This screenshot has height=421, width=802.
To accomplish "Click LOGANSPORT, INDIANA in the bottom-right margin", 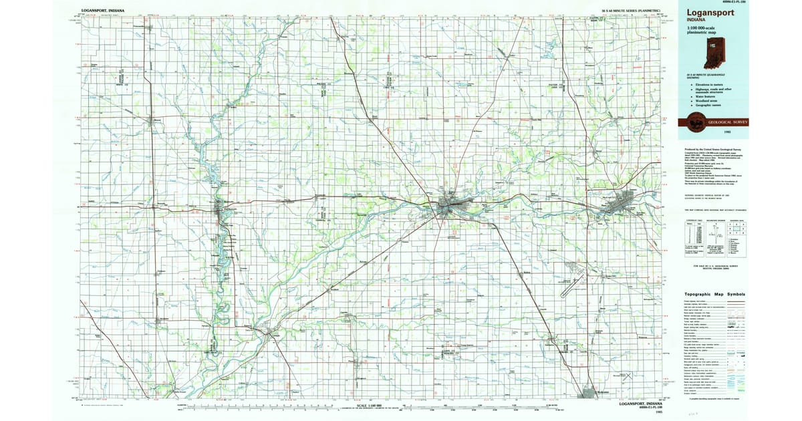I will click(640, 404).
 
